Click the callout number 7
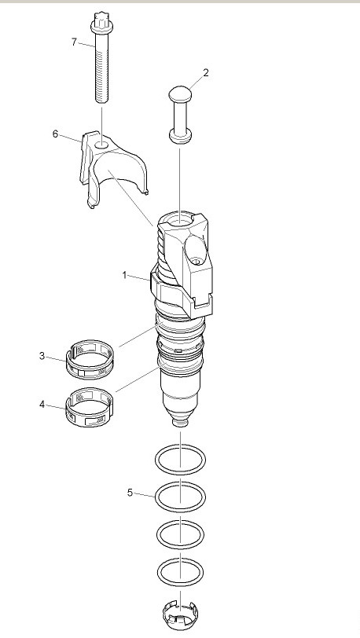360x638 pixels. point(74,42)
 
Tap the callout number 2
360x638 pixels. point(206,73)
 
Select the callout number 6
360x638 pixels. point(55,134)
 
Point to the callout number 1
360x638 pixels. point(125,276)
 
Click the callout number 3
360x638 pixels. point(42,356)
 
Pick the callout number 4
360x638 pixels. point(42,405)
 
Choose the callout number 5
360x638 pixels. point(130,493)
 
